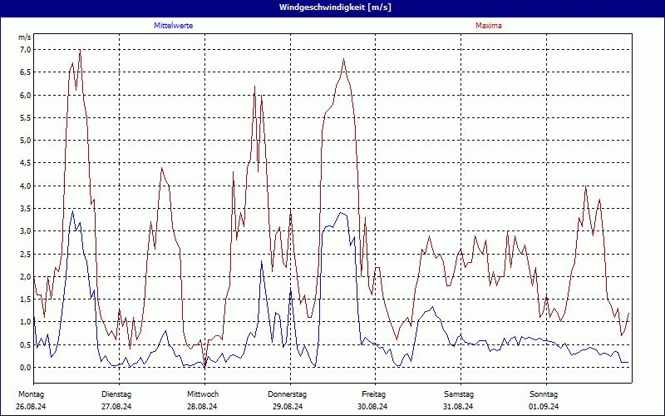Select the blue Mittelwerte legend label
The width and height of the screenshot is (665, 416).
(174, 26)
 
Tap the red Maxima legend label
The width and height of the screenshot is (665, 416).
(489, 26)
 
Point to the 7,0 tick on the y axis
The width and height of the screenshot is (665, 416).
(25, 50)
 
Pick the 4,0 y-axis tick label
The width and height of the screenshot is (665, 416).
(25, 186)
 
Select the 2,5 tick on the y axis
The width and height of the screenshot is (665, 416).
(25, 254)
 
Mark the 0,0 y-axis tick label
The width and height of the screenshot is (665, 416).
(25, 367)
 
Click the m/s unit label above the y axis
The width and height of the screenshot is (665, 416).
(24, 38)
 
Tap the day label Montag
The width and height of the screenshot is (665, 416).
(31, 394)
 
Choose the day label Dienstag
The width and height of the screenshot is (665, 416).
(116, 394)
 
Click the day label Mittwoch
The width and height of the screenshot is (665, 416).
(203, 394)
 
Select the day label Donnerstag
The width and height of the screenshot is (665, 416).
(288, 394)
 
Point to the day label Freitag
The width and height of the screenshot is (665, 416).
(374, 394)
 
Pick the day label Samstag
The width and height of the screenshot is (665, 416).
(459, 394)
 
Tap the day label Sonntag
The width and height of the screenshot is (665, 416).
(544, 394)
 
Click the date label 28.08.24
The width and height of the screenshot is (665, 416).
(203, 407)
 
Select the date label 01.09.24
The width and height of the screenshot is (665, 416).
(544, 407)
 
